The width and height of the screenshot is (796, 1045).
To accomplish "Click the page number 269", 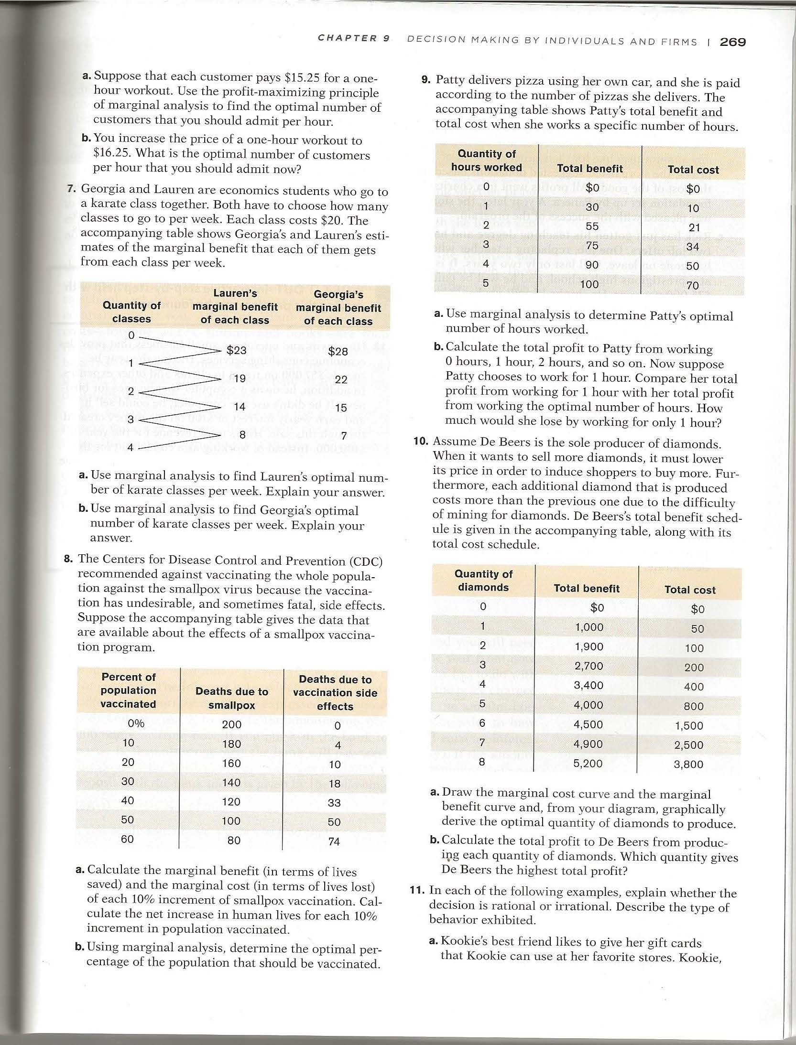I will [x=732, y=42].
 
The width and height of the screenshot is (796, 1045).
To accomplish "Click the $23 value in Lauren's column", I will [x=236, y=350].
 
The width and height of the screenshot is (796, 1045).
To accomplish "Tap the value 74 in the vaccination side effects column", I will [x=334, y=841].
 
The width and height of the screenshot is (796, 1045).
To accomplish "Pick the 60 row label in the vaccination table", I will [x=127, y=839].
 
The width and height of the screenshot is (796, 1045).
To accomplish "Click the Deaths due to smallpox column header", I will [x=231, y=698].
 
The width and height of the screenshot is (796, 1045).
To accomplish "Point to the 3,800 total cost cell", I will [x=688, y=764].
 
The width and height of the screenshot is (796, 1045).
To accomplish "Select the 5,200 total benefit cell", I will [x=588, y=764].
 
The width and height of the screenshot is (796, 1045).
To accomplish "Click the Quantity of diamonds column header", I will [x=483, y=581].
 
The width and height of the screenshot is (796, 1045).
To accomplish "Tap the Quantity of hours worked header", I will [x=486, y=161].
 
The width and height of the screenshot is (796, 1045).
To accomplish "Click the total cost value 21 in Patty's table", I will [x=693, y=228].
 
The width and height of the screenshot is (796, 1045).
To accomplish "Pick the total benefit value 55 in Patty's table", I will [x=592, y=226].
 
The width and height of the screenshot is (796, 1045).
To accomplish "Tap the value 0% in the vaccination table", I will [x=136, y=723].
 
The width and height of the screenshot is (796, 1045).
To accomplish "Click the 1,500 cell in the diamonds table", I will [x=689, y=726].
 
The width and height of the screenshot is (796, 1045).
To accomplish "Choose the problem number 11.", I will [x=417, y=890].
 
